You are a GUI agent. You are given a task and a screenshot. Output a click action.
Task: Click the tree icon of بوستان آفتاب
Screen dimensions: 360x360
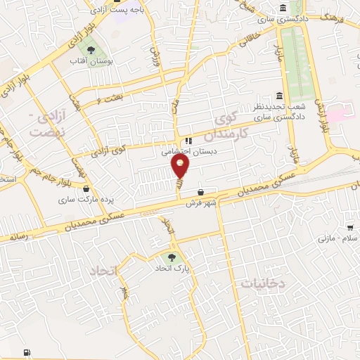click(x=91, y=49)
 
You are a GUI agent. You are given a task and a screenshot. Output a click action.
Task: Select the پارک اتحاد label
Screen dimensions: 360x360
click(x=173, y=269)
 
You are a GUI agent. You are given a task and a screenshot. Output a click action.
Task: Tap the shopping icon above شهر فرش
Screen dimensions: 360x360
click(x=202, y=192)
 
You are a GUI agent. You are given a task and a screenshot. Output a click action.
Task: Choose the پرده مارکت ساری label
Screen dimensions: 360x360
click(x=85, y=200)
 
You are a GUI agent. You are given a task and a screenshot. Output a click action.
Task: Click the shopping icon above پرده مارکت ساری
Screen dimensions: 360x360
click(x=86, y=188)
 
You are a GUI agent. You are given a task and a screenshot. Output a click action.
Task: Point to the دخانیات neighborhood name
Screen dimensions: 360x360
click(x=263, y=283)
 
